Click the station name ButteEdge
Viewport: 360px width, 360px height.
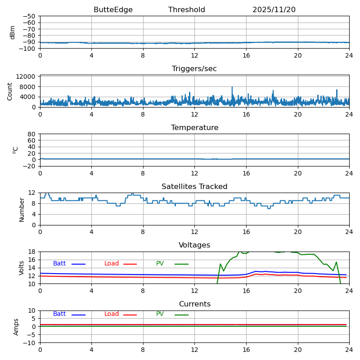[113, 10]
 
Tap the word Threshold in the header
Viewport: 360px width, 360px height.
[186, 10]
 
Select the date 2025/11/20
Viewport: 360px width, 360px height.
[274, 10]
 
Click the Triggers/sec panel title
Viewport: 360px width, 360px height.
[194, 69]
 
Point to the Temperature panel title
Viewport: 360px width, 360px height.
[194, 128]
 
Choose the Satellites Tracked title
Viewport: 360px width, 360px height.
[194, 187]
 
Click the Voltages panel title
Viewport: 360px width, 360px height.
[194, 245]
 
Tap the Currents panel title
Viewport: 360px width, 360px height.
[194, 304]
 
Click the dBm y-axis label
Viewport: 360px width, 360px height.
[13, 32]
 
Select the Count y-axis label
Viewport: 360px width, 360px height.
[10, 91]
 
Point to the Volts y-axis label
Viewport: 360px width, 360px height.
[22, 268]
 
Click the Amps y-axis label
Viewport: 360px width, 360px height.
[16, 327]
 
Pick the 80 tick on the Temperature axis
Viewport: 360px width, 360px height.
[32, 134]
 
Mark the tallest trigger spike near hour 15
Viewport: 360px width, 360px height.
[232, 87]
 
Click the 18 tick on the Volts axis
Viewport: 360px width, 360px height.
[32, 252]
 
